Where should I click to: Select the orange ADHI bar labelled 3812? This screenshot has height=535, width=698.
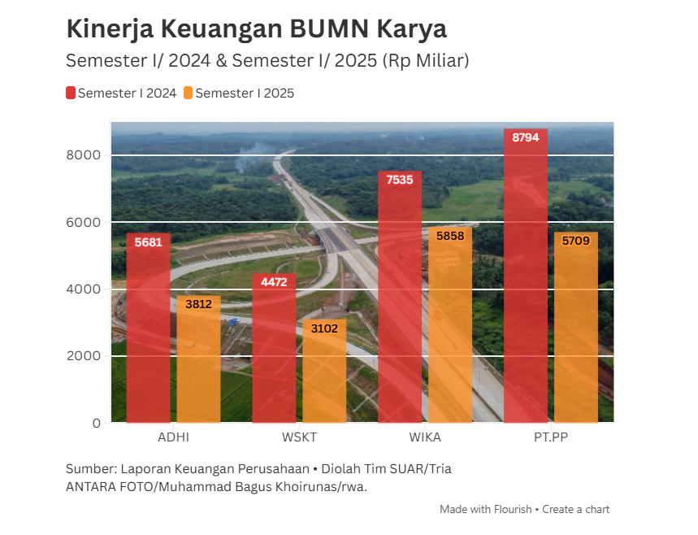(x=198, y=362)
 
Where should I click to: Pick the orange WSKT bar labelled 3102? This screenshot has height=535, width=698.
(x=324, y=374)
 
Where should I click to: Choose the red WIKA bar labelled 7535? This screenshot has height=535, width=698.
(x=400, y=301)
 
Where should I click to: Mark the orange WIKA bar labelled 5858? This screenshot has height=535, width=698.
(x=450, y=329)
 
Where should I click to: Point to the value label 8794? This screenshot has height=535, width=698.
(x=525, y=137)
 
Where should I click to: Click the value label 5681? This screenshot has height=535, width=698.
(x=148, y=241)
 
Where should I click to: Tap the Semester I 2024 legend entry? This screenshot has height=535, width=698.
(x=121, y=94)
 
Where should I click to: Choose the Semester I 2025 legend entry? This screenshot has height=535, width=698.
(x=239, y=94)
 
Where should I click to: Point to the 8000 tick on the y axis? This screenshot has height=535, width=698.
(x=84, y=155)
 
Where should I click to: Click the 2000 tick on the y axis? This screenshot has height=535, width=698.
(x=84, y=356)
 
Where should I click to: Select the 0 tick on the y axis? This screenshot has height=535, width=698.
(x=96, y=423)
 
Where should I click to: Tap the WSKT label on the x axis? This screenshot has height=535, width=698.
(x=299, y=437)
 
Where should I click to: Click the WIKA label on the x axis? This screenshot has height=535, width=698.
(x=425, y=437)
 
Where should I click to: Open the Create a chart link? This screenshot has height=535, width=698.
(x=575, y=510)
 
